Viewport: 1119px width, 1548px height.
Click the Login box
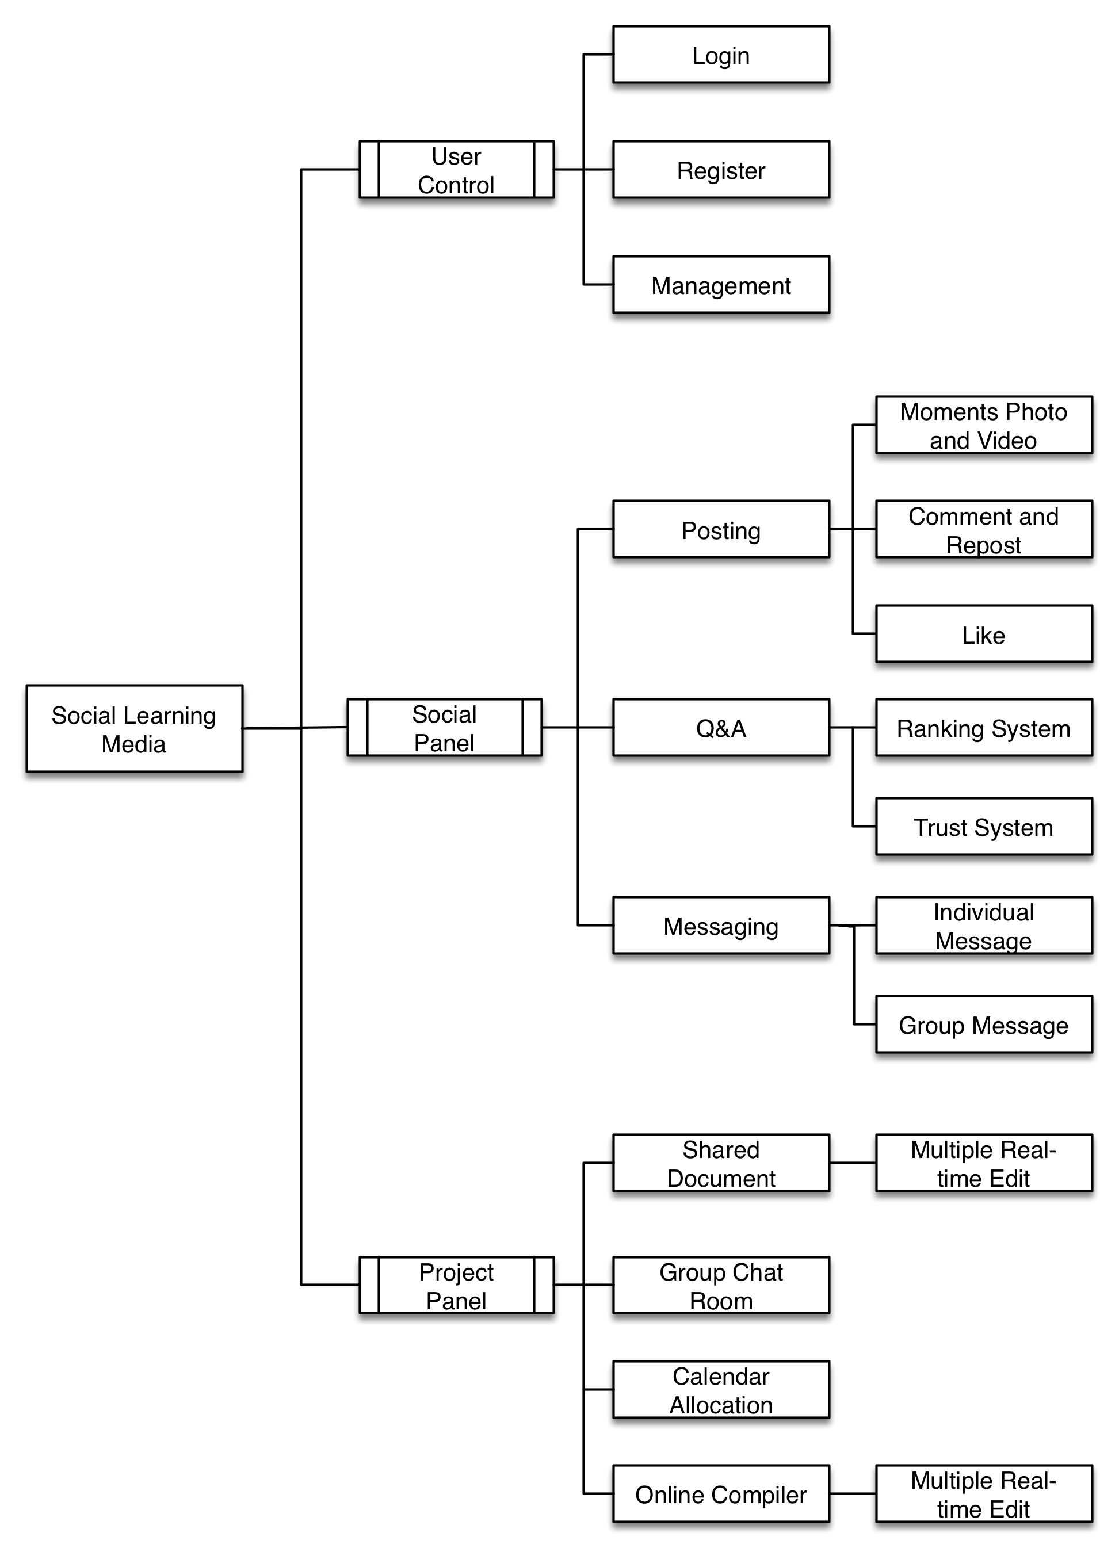point(721,55)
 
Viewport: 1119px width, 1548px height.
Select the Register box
point(721,170)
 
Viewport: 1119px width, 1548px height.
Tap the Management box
point(721,285)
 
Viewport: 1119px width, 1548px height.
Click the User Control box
point(456,170)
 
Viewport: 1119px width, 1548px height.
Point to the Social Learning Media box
point(135,728)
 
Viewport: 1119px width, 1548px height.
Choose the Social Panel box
point(445,728)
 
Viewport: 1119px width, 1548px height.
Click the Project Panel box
point(456,1285)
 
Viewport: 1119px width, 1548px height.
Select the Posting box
point(721,530)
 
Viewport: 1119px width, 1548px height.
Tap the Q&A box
point(721,728)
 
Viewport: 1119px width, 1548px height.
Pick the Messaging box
point(721,926)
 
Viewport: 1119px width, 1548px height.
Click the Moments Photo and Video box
point(984,425)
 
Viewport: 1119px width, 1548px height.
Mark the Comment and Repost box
point(984,530)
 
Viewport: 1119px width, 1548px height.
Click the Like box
point(984,634)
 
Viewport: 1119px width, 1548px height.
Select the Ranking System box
point(984,728)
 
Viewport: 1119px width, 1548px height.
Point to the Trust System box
point(984,827)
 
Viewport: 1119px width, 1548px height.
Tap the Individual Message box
point(984,926)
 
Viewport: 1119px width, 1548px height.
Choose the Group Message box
point(984,1025)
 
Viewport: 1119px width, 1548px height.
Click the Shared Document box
point(721,1163)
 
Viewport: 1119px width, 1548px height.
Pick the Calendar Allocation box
point(721,1390)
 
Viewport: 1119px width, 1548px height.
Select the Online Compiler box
point(721,1494)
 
